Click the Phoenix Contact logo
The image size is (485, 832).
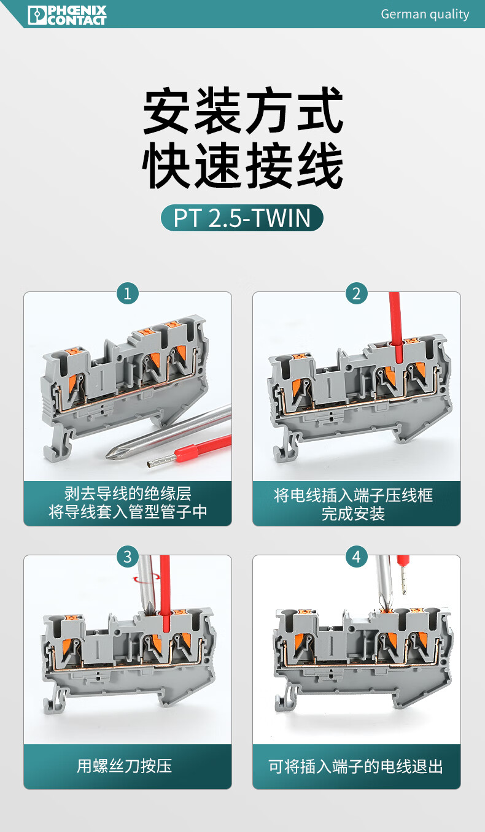click(x=68, y=15)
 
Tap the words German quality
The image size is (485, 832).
click(x=425, y=14)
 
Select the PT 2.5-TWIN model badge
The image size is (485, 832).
click(x=242, y=218)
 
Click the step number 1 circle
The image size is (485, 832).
click(x=128, y=293)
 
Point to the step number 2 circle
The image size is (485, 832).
click(x=357, y=293)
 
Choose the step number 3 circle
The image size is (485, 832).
click(x=128, y=557)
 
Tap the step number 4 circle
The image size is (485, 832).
click(x=357, y=557)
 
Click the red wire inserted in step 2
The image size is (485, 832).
click(x=396, y=327)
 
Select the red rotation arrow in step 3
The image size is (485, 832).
click(x=147, y=579)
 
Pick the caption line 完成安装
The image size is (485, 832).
click(x=353, y=514)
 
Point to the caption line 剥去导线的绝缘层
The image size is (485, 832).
click(x=128, y=494)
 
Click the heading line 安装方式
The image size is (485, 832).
click(x=243, y=110)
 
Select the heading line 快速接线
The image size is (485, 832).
click(x=243, y=165)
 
